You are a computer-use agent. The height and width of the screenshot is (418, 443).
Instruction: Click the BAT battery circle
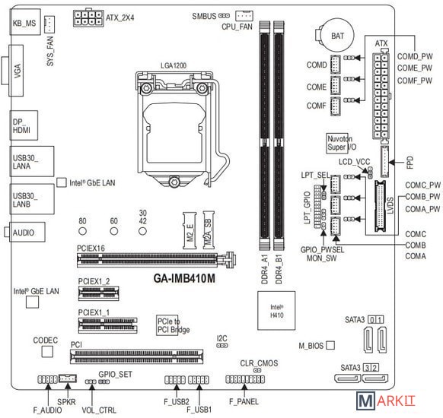[338, 35]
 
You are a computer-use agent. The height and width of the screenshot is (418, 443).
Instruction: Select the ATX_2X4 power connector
[88, 18]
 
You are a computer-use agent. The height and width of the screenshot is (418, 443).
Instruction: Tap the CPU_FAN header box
[244, 16]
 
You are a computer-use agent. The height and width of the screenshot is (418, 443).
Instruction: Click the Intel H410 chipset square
[276, 311]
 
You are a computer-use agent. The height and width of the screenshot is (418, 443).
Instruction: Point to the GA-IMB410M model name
[184, 278]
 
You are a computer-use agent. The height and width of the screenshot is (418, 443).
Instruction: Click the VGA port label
[18, 71]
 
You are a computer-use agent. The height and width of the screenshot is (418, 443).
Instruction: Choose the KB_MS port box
[25, 22]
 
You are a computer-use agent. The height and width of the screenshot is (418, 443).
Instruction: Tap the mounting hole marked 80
[82, 231]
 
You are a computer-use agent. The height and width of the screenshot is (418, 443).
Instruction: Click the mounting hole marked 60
[114, 231]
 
